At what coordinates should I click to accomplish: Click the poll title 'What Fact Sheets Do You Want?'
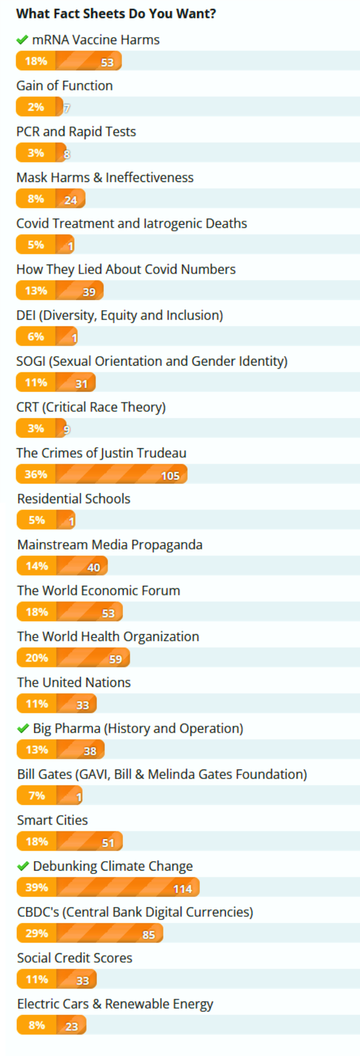pos(116,13)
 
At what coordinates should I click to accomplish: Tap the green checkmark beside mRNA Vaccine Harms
pos(22,40)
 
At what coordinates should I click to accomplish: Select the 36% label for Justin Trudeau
pos(35,474)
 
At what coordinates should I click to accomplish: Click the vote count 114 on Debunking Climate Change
pos(183,889)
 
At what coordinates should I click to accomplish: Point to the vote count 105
pos(170,476)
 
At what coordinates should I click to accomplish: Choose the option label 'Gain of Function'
pos(65,86)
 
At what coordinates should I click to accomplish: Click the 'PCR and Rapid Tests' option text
pos(76,131)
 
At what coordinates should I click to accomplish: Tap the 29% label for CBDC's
pos(37,933)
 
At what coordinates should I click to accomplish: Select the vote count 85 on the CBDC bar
pos(148,935)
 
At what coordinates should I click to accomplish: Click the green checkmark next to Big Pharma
pos(23,729)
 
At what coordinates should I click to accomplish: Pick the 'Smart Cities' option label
pos(52,820)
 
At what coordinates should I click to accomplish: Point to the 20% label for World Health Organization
pos(37,658)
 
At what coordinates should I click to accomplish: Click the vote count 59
pos(115,659)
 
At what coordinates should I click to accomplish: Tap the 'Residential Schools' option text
pos(74,499)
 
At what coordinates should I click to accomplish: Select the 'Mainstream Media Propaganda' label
pos(110,545)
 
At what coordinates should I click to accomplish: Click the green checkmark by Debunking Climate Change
pos(23,866)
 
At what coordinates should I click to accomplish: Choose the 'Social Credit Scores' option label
pos(75,958)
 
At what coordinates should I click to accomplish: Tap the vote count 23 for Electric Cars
pos(71,1027)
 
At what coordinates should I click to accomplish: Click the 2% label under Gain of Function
pos(35,107)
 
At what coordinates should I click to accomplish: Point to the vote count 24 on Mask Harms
pos(70,200)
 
